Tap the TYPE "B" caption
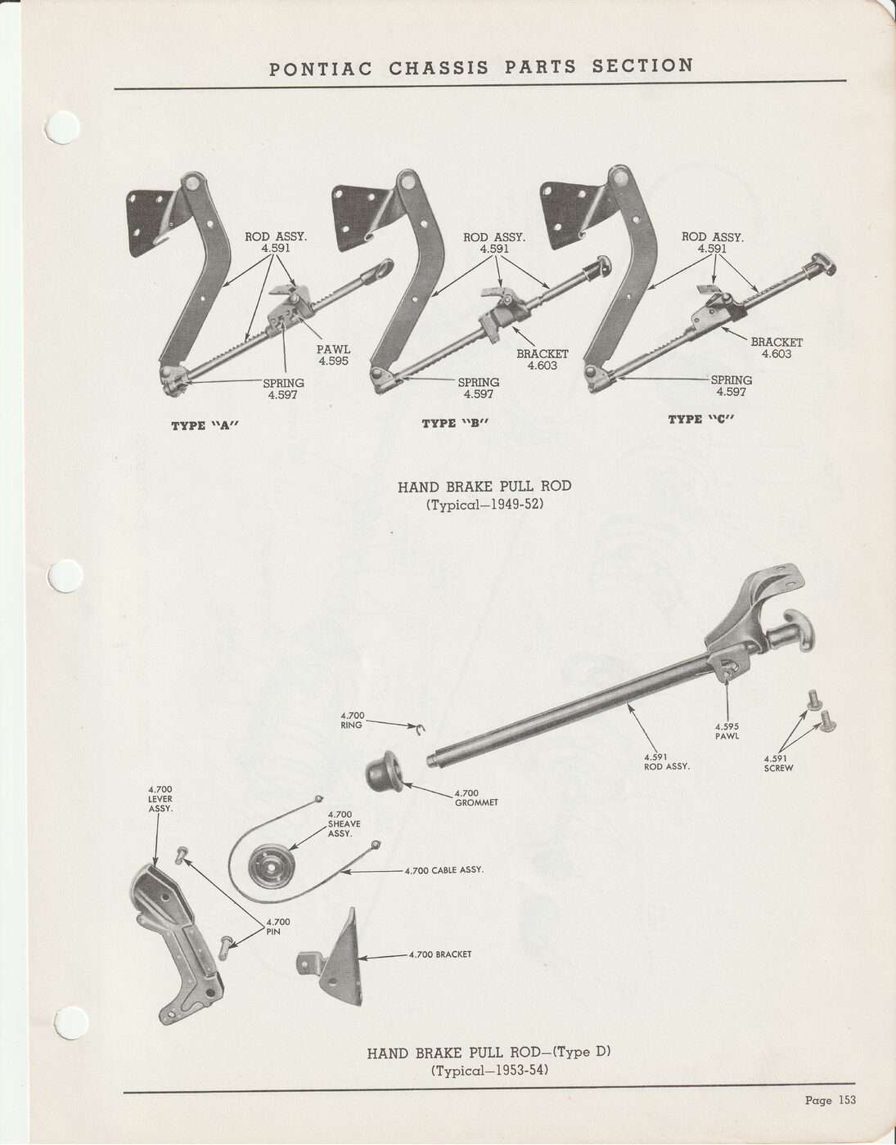click(455, 423)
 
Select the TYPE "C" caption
click(701, 419)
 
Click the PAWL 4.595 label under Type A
click(333, 355)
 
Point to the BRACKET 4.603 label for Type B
click(542, 360)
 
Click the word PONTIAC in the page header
click(321, 68)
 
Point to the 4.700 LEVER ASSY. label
click(160, 798)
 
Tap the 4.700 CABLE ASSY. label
click(443, 870)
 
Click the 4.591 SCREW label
click(778, 763)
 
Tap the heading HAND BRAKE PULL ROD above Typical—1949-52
click(484, 487)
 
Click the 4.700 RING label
click(353, 720)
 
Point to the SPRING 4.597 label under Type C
click(731, 385)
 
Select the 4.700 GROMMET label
click(475, 797)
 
